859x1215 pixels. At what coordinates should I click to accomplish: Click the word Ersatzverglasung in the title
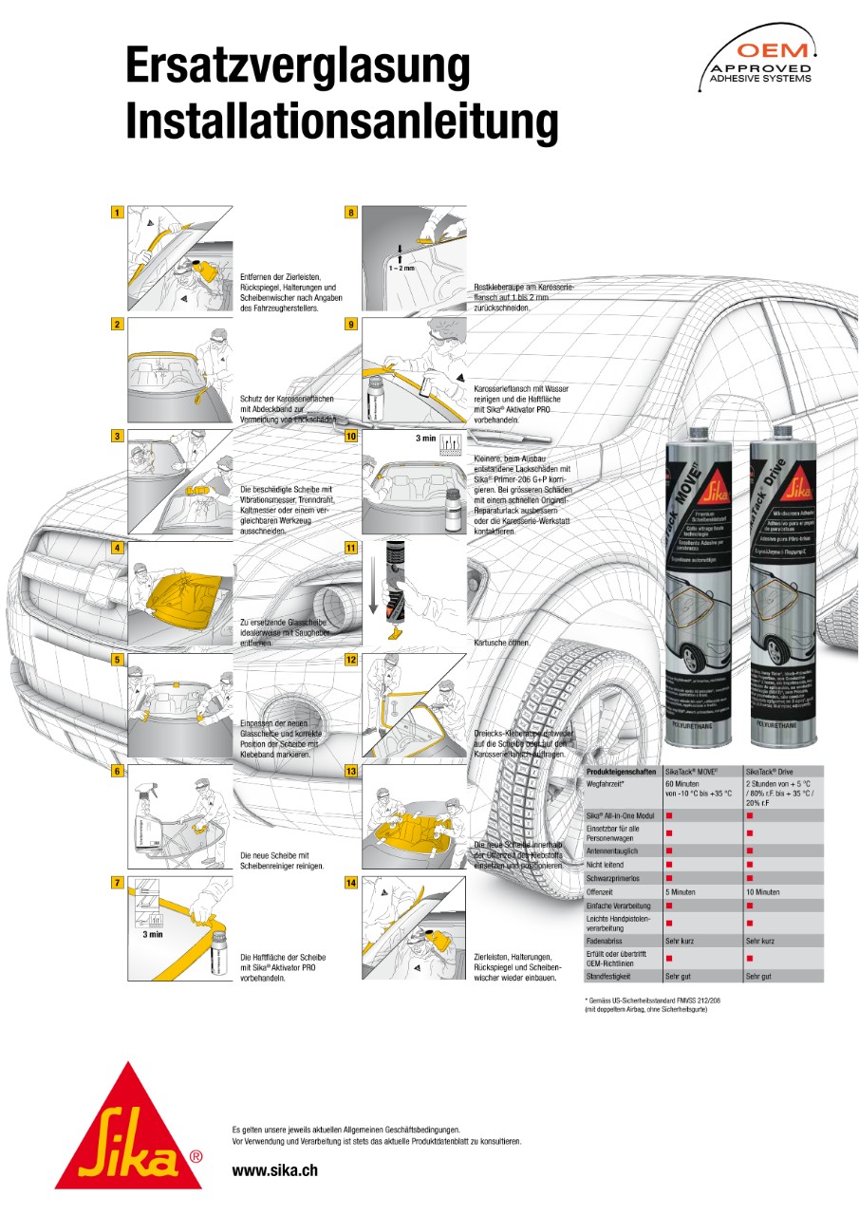(298, 68)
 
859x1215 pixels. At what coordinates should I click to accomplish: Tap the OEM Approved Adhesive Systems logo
(760, 59)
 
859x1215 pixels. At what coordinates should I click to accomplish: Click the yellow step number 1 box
(117, 213)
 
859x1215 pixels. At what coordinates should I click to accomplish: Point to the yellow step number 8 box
(351, 213)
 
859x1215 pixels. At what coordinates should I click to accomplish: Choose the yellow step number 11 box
(351, 549)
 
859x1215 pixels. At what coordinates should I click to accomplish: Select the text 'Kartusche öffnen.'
(502, 643)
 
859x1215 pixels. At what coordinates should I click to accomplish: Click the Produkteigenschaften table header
(621, 773)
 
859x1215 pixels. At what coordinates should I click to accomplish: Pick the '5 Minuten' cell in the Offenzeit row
(682, 892)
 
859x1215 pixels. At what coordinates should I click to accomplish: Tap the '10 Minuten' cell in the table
(763, 892)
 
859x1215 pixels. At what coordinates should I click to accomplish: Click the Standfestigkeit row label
(608, 976)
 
